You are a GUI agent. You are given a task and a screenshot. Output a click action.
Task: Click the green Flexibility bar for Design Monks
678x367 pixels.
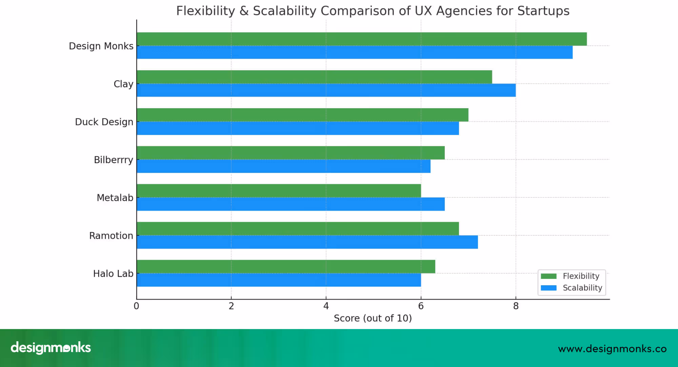(x=361, y=39)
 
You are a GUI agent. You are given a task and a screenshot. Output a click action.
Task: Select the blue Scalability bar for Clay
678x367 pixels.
(x=326, y=90)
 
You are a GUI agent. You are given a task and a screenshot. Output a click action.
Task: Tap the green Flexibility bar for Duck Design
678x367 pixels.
(x=302, y=115)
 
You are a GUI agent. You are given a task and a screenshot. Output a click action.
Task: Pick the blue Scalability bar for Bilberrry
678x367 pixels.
(x=283, y=166)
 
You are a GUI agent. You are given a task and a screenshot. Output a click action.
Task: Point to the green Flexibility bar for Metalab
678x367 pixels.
(x=279, y=191)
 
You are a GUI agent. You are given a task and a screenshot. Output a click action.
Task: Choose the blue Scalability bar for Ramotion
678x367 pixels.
(x=307, y=242)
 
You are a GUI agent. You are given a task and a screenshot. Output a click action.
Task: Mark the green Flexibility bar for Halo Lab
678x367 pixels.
(x=286, y=267)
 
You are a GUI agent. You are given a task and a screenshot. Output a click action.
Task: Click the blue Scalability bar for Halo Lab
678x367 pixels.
(x=279, y=280)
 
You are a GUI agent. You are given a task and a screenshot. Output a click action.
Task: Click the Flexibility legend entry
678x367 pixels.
(x=581, y=276)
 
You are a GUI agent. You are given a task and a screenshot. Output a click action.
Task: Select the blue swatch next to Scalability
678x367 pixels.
(x=549, y=288)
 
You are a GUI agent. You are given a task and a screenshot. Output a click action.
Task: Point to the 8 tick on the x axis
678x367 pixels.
(x=516, y=306)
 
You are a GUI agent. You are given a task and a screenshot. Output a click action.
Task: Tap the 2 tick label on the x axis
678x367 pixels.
(x=231, y=306)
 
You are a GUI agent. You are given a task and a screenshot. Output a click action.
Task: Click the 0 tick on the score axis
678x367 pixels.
(x=136, y=306)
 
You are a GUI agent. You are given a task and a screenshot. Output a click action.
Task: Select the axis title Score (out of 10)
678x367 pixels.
(x=373, y=318)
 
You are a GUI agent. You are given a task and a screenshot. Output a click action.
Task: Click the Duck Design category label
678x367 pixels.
(x=104, y=122)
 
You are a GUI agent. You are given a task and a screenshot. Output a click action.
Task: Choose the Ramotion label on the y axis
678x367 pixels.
(x=111, y=236)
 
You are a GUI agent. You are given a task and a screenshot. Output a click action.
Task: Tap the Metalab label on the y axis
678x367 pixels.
(x=115, y=198)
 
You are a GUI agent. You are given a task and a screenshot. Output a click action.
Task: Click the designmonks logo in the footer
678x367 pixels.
(x=51, y=348)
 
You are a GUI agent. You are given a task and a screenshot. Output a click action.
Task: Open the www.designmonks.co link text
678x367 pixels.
(x=612, y=349)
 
